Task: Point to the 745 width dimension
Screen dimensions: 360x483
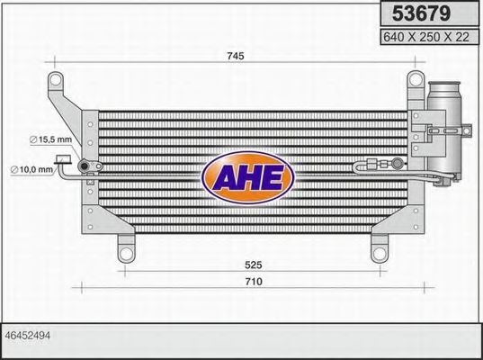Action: [235, 56]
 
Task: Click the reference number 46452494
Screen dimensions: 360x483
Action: [26, 334]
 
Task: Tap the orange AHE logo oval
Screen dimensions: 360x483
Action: [247, 176]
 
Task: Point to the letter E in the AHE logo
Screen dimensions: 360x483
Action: [272, 176]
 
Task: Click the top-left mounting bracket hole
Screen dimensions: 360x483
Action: [57, 82]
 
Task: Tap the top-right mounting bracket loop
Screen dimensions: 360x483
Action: [415, 81]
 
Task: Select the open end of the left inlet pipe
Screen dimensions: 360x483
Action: [63, 163]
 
